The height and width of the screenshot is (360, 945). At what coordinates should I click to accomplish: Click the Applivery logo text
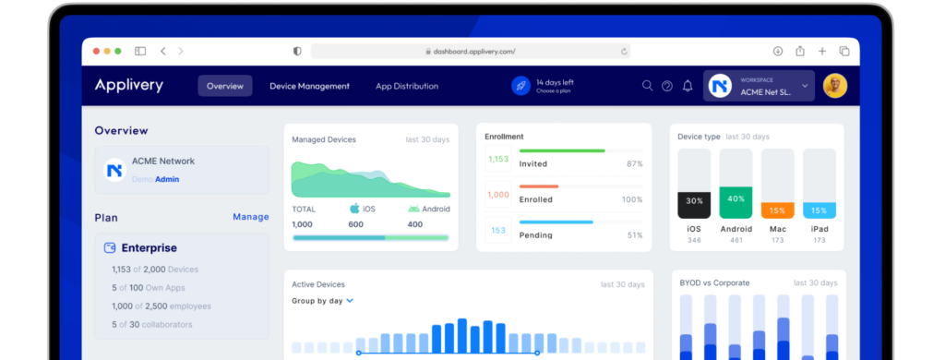tap(128, 86)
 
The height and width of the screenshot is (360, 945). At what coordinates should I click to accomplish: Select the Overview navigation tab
tap(225, 86)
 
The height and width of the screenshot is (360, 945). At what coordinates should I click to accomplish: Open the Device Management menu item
tap(309, 86)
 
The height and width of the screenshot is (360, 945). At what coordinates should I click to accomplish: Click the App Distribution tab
tap(407, 86)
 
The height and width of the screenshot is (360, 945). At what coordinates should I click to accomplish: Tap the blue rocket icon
tap(520, 86)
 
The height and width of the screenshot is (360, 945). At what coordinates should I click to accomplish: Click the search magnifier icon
tap(647, 86)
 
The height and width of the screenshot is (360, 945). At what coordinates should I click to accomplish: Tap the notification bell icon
tap(688, 86)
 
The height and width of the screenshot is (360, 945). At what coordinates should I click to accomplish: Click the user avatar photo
tap(834, 86)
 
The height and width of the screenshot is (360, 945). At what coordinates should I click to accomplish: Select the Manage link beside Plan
tap(250, 217)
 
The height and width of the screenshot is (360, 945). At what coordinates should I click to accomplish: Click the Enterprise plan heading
tap(149, 247)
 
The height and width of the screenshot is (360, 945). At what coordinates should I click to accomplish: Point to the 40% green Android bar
tap(736, 200)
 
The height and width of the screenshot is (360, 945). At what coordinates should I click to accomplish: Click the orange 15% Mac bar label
tap(777, 210)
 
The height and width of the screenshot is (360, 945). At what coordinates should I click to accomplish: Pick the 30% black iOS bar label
tap(694, 201)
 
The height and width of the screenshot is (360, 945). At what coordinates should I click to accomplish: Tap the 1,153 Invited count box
tap(497, 159)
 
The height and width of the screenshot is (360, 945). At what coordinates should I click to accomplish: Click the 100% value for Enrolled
tap(632, 199)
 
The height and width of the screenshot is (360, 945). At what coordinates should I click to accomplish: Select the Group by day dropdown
tap(322, 301)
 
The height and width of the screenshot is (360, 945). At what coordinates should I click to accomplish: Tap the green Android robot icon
tap(413, 209)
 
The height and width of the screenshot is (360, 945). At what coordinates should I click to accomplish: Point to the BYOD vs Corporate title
tap(714, 282)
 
